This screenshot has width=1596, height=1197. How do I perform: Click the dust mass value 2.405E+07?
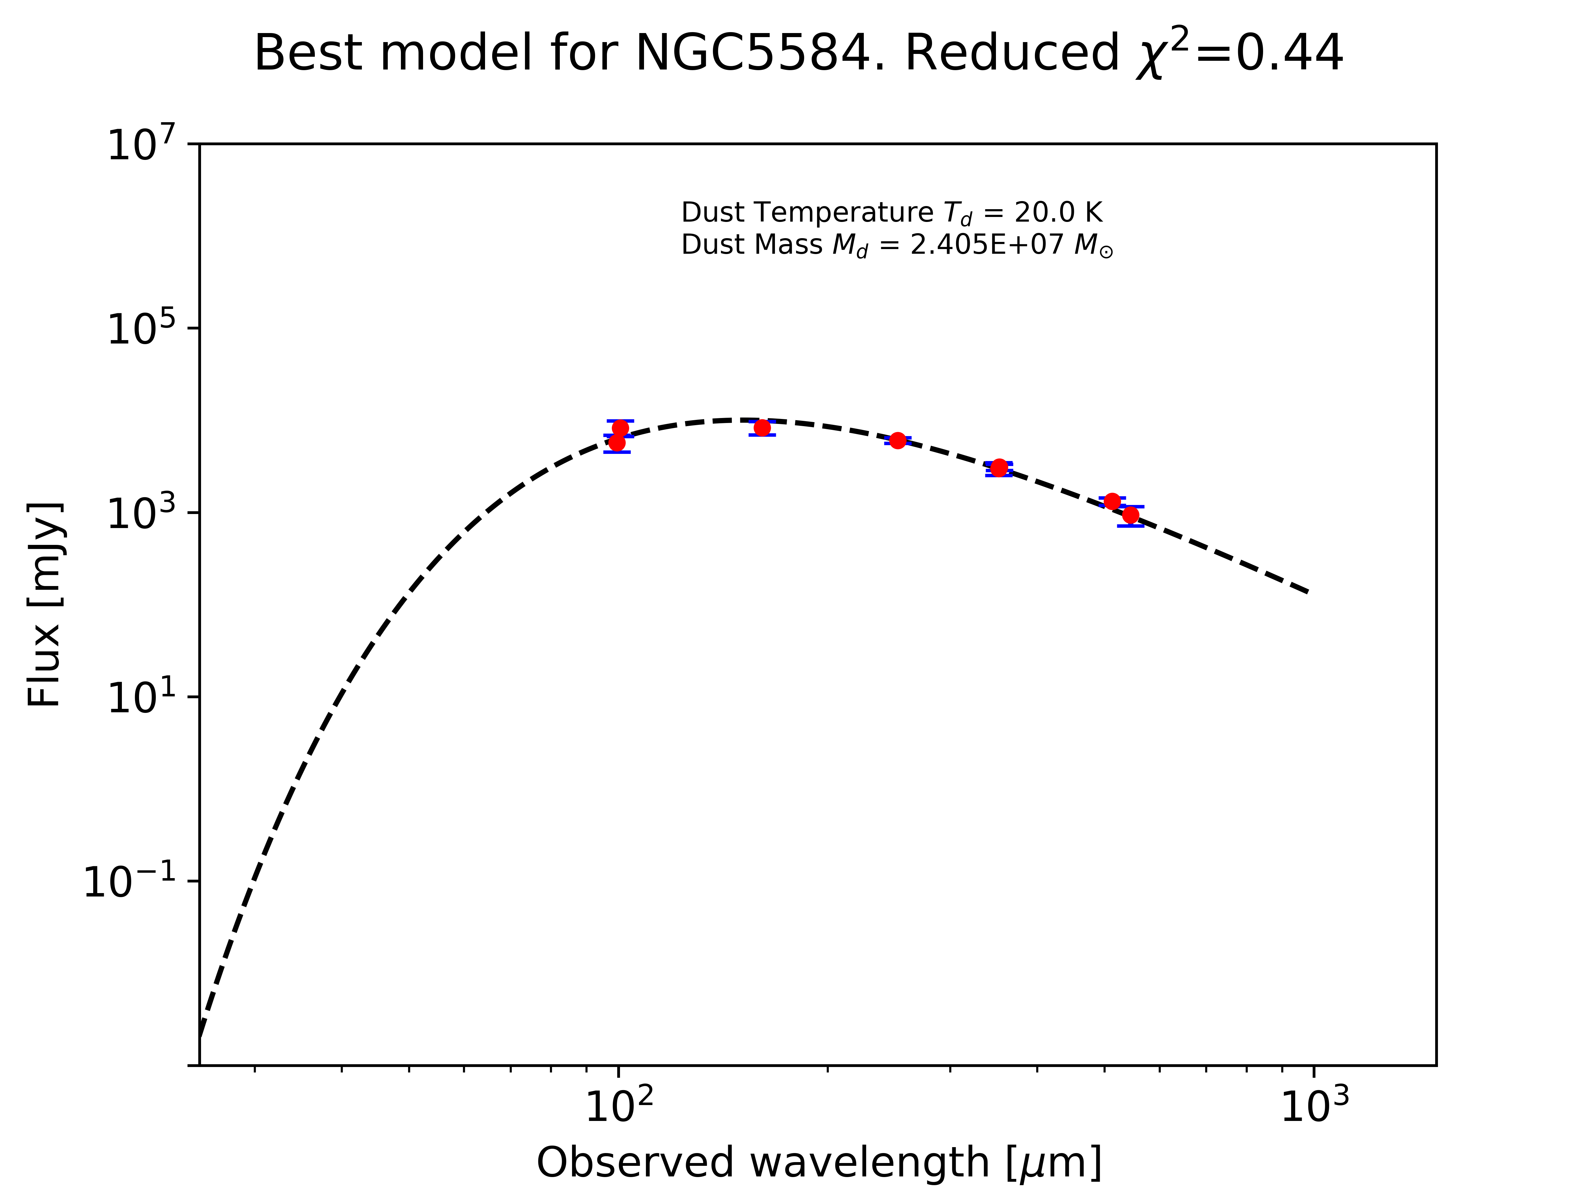point(986,245)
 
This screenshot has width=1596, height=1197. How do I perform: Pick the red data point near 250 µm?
point(897,440)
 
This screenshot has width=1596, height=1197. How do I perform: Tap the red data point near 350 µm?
point(999,468)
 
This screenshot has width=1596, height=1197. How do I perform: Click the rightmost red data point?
point(1131,514)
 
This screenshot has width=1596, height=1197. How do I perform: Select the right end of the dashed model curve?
point(1307,592)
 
